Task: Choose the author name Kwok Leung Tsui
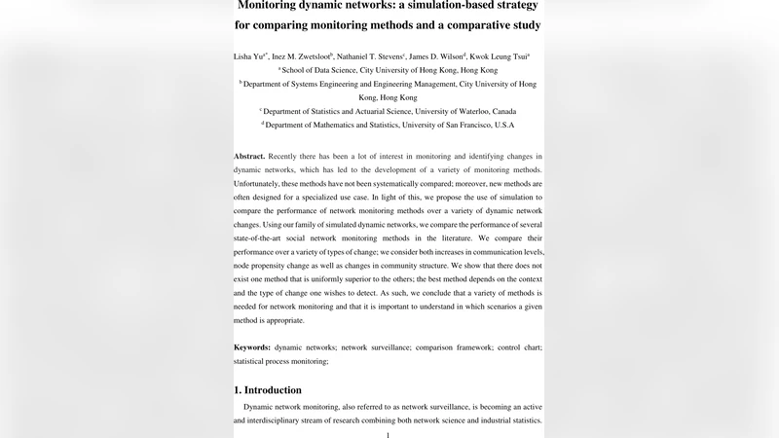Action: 501,57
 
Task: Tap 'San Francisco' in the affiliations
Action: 464,126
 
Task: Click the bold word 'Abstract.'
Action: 249,157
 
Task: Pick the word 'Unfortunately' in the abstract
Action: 261,184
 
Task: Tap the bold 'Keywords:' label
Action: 253,347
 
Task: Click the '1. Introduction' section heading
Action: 273,389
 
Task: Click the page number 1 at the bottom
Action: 389,434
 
